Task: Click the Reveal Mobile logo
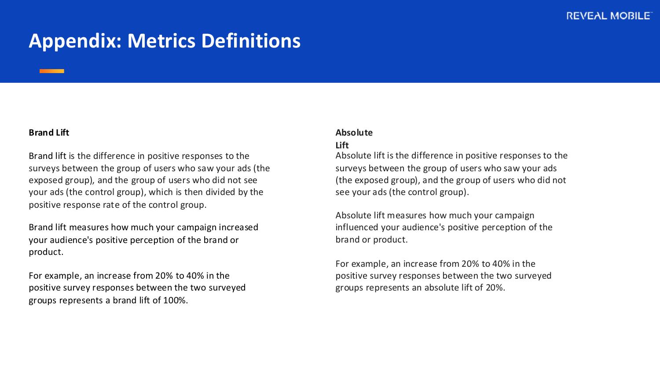point(609,16)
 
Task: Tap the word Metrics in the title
point(161,41)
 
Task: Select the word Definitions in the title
point(251,41)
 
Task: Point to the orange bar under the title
point(52,71)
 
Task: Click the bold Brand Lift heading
point(49,133)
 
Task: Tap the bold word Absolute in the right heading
point(354,133)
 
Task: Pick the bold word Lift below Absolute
point(342,145)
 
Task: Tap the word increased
point(238,227)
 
